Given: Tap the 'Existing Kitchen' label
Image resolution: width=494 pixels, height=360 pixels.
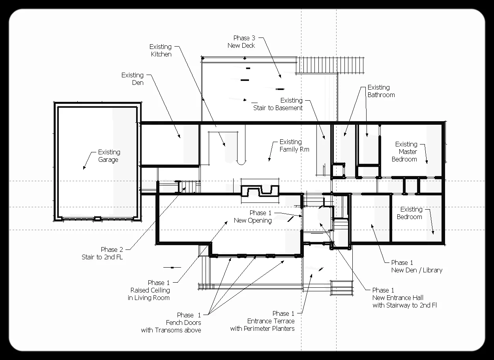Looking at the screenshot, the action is (x=161, y=50).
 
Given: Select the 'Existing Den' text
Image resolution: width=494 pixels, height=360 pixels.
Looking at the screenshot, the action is (x=133, y=79).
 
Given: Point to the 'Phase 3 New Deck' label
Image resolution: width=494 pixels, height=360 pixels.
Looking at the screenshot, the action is (x=241, y=42).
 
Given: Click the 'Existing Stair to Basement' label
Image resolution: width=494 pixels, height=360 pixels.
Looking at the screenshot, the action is (x=278, y=104).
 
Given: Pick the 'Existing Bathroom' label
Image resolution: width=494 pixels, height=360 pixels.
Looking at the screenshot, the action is (x=381, y=91).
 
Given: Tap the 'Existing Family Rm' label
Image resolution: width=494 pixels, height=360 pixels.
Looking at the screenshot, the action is (x=294, y=146).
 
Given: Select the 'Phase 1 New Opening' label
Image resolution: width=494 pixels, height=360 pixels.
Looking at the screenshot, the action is (x=253, y=217).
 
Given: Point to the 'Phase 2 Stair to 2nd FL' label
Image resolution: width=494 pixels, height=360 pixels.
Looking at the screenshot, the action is (x=102, y=253).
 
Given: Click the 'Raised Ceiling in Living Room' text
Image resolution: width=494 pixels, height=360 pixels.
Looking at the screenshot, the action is (x=149, y=294).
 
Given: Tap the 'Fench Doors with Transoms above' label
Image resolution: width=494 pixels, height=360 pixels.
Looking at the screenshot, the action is (x=171, y=326).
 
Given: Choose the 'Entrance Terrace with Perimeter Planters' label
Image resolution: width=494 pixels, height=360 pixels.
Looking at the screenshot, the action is (x=262, y=325).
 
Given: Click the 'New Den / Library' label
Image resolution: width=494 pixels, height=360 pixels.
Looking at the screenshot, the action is (x=417, y=270).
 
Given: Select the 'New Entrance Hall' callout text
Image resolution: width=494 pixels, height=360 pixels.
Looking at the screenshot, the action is (x=398, y=298).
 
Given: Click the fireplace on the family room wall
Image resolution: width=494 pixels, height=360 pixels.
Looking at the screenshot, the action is (x=260, y=191).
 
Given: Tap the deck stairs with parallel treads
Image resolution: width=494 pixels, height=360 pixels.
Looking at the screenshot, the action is (x=330, y=65).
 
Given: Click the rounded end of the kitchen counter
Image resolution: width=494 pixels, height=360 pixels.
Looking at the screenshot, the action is (x=241, y=162).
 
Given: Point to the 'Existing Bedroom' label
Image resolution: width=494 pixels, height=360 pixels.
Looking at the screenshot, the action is (x=410, y=213).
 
